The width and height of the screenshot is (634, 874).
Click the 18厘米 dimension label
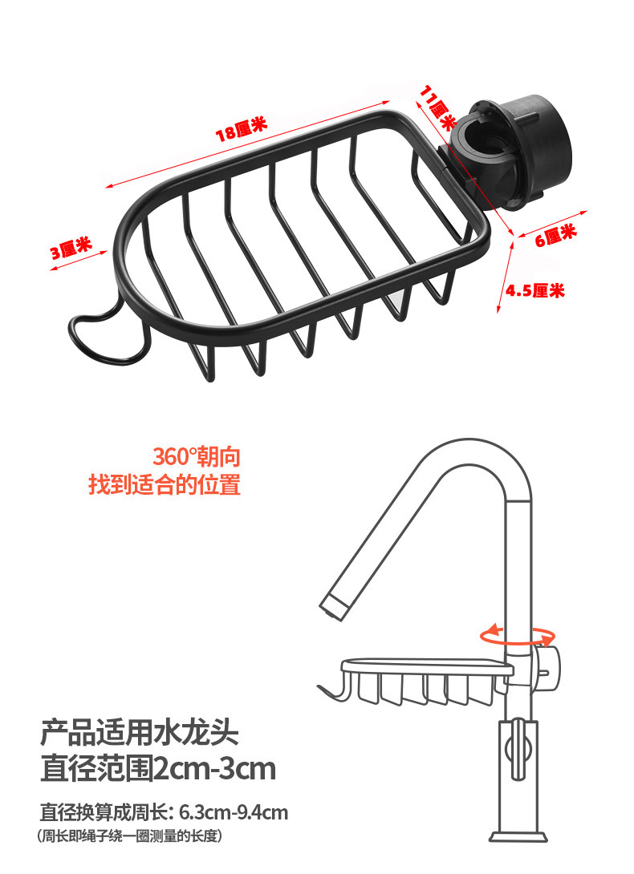pos(240,128)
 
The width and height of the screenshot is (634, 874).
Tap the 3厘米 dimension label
pos(71,249)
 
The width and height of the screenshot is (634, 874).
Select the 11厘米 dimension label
pos(438,104)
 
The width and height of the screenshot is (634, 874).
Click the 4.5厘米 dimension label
pos(534,290)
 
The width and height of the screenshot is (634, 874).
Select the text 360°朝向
pos(197,458)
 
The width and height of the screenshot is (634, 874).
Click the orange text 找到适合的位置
pos(164,485)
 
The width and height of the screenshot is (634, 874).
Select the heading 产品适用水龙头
pos(140,732)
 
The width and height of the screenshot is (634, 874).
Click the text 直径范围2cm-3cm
pos(158,769)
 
